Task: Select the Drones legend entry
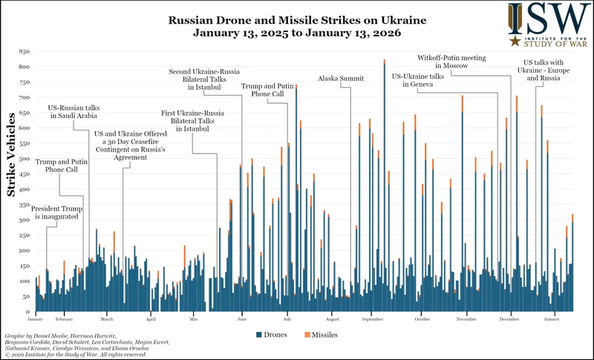click(x=274, y=335)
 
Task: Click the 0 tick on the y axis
click(x=27, y=311)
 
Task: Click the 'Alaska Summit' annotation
click(x=342, y=78)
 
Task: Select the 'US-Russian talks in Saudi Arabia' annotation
click(x=74, y=111)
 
